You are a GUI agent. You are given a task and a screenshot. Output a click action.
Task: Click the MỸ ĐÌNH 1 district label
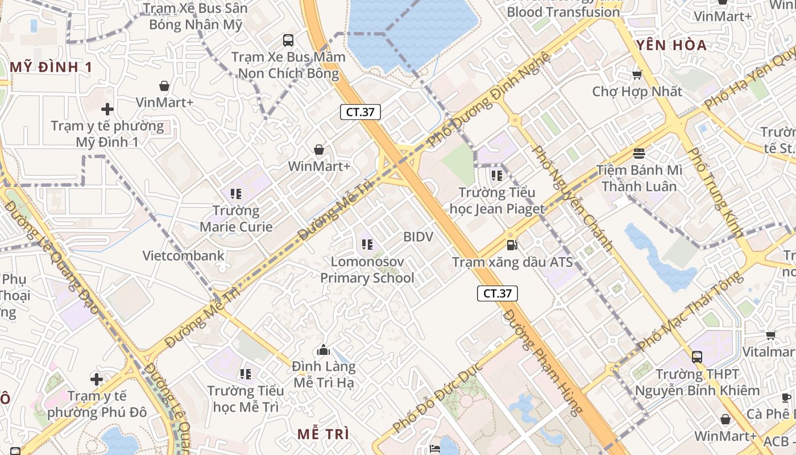tap(51, 67)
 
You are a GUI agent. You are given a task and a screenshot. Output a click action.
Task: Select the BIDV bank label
tap(418, 237)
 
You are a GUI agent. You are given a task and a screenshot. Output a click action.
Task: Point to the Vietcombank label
tap(184, 255)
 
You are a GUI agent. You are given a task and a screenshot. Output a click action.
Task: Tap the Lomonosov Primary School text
tap(367, 270)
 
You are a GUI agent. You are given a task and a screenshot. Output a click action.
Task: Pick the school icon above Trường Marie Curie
tap(236, 194)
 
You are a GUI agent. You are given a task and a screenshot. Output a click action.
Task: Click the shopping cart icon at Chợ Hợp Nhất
tap(637, 75)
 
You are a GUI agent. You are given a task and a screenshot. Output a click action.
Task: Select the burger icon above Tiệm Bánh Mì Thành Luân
tap(639, 154)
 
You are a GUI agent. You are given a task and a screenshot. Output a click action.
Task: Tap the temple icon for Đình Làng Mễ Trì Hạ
tap(324, 350)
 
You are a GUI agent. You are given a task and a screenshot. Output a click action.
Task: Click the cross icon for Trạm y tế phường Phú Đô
tap(97, 379)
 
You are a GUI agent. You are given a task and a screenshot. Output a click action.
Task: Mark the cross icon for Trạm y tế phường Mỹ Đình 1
tap(107, 109)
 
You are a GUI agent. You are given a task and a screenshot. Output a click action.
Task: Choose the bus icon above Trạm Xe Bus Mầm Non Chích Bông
tap(288, 40)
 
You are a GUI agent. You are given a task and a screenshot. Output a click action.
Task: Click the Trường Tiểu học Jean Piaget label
tap(497, 201)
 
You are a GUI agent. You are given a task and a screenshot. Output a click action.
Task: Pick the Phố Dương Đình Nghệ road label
tap(489, 100)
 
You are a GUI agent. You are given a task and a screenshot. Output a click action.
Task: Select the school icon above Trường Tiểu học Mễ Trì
tap(245, 374)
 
